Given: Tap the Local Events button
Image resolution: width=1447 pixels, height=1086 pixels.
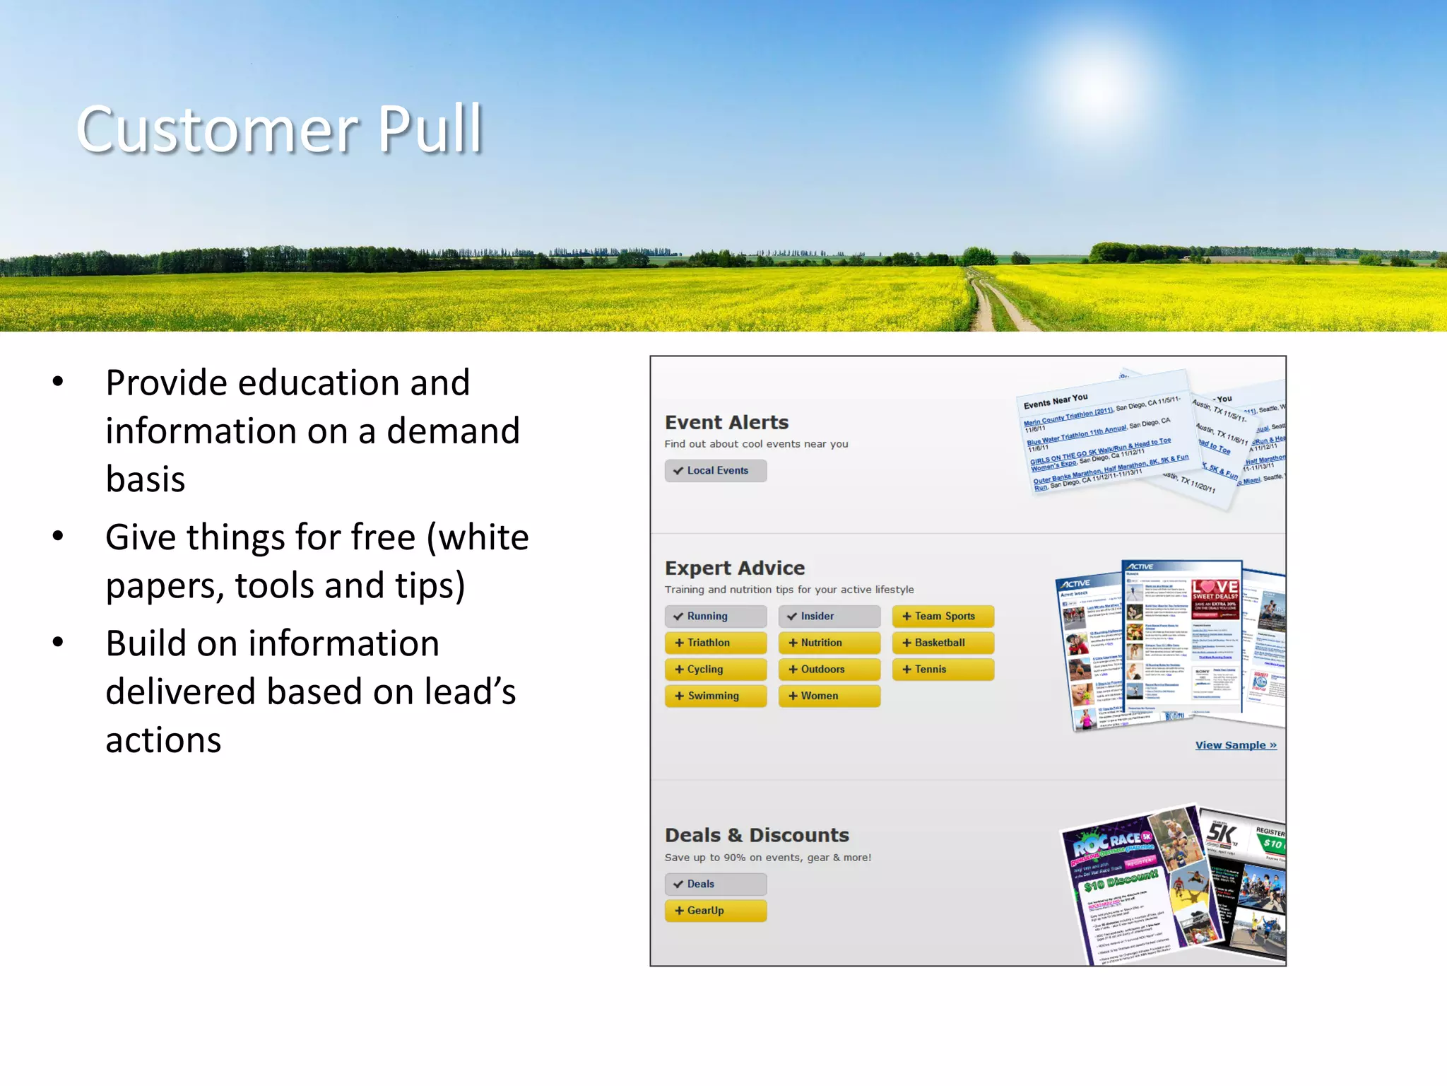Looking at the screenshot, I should [715, 471].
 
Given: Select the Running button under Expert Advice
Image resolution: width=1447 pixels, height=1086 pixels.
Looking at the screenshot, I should [715, 617].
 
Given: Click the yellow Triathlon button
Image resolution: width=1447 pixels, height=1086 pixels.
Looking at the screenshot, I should [715, 643].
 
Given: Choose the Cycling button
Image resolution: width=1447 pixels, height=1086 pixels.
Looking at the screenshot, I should [715, 670].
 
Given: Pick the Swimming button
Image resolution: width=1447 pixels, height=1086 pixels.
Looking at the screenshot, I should [715, 696].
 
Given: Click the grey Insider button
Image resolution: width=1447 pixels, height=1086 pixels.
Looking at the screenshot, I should [829, 617].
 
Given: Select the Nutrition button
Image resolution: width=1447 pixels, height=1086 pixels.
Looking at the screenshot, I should [829, 643].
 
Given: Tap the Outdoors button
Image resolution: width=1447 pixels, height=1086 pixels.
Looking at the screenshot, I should [829, 670].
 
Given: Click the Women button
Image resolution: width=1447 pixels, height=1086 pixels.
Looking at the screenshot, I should [829, 696].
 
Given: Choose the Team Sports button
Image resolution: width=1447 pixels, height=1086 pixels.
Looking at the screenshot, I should [943, 617].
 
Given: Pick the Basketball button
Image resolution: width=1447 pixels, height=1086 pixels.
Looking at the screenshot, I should [943, 643].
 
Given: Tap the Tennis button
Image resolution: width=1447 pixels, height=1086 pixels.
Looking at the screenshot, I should [943, 670].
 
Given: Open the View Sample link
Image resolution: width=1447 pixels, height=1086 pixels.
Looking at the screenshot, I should [1235, 745].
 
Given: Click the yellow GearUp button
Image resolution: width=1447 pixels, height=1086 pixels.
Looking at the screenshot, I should [715, 911].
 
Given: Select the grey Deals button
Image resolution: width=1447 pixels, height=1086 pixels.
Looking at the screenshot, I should [715, 884].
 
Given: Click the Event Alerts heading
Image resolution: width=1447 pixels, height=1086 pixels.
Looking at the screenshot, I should [726, 423].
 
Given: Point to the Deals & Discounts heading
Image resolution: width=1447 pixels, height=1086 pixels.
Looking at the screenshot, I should [756, 836].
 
